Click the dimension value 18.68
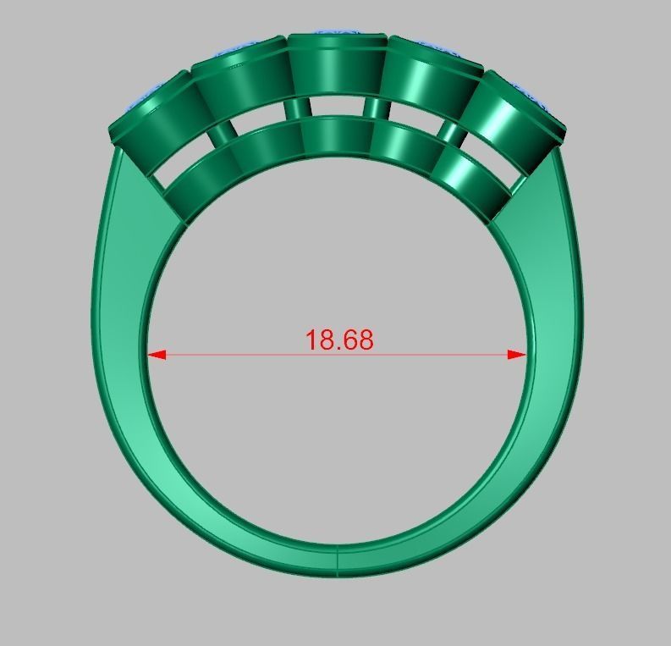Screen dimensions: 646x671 click(338, 340)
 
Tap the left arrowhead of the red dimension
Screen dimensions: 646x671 click(156, 355)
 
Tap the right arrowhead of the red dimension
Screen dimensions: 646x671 click(518, 355)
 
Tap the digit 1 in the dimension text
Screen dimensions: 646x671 click(310, 340)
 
